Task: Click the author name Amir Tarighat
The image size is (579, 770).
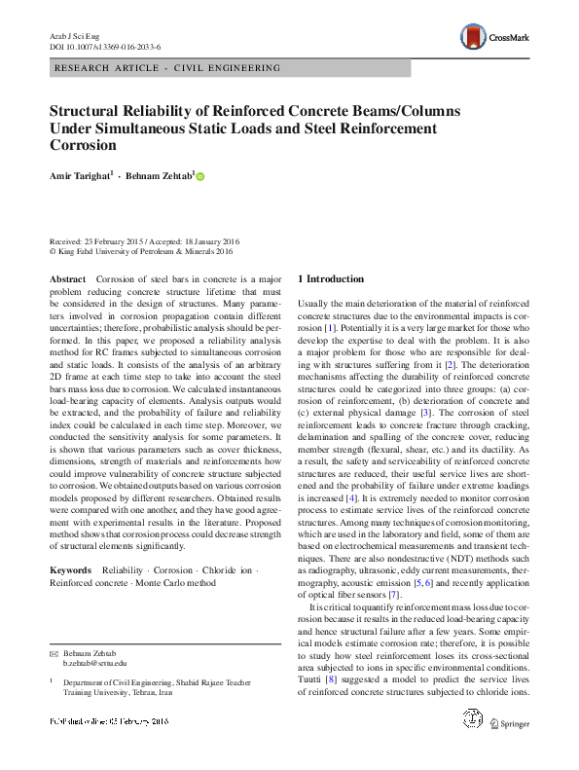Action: pyautogui.click(x=82, y=175)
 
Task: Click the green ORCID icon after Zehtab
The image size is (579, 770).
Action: pyautogui.click(x=200, y=176)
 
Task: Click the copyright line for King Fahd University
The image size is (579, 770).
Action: pyautogui.click(x=142, y=251)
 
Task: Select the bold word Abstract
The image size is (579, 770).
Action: pyautogui.click(x=67, y=279)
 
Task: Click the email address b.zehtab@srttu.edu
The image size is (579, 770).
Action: pyautogui.click(x=94, y=663)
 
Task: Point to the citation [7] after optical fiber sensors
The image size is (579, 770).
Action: pyautogui.click(x=393, y=594)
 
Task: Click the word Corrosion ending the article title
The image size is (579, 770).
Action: pyautogui.click(x=83, y=146)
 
